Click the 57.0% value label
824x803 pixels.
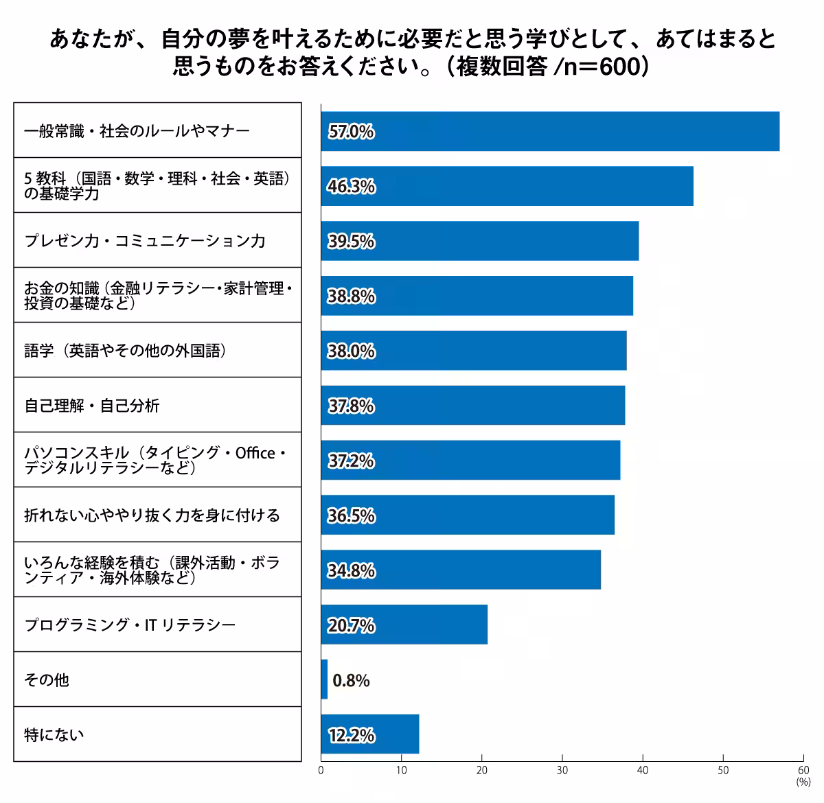pos(351,132)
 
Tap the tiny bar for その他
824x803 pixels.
pos(324,679)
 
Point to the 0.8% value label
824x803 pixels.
pos(351,681)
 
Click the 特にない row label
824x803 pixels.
pos(54,735)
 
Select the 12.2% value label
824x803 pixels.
pos(351,736)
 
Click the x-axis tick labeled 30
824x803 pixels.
pos(562,771)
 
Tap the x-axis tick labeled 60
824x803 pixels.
pos(803,771)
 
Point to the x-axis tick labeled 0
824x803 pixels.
pos(321,771)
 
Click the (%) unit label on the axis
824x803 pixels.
pos(803,782)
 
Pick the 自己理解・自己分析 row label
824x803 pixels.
pos(92,406)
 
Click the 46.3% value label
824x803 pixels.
pos(351,187)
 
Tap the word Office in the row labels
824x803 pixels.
pos(255,453)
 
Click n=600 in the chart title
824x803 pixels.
pos(600,67)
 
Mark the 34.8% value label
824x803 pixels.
pos(351,571)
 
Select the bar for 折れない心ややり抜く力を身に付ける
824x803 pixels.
pos(467,515)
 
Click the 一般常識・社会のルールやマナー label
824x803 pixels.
pos(137,131)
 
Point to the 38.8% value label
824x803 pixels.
pos(351,296)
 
